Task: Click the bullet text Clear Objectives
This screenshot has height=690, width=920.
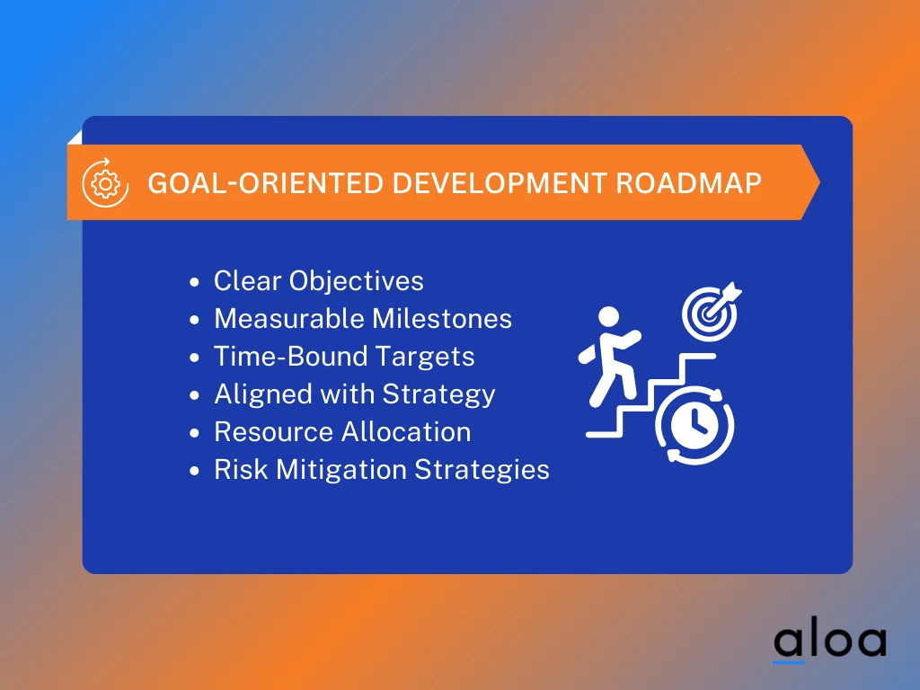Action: (x=318, y=281)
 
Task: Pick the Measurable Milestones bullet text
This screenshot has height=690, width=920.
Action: (x=362, y=319)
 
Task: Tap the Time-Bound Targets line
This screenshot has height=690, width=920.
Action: (x=343, y=357)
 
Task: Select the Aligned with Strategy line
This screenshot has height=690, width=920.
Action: (x=354, y=394)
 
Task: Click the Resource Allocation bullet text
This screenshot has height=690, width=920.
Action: (x=341, y=432)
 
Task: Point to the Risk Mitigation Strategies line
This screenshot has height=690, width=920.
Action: (x=381, y=470)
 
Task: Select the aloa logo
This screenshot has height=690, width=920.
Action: (x=829, y=641)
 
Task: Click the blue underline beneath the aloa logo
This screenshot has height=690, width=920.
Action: (x=789, y=663)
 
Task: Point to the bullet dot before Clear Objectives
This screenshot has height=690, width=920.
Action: (x=196, y=283)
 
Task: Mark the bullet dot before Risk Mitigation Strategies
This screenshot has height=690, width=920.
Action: (x=196, y=472)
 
